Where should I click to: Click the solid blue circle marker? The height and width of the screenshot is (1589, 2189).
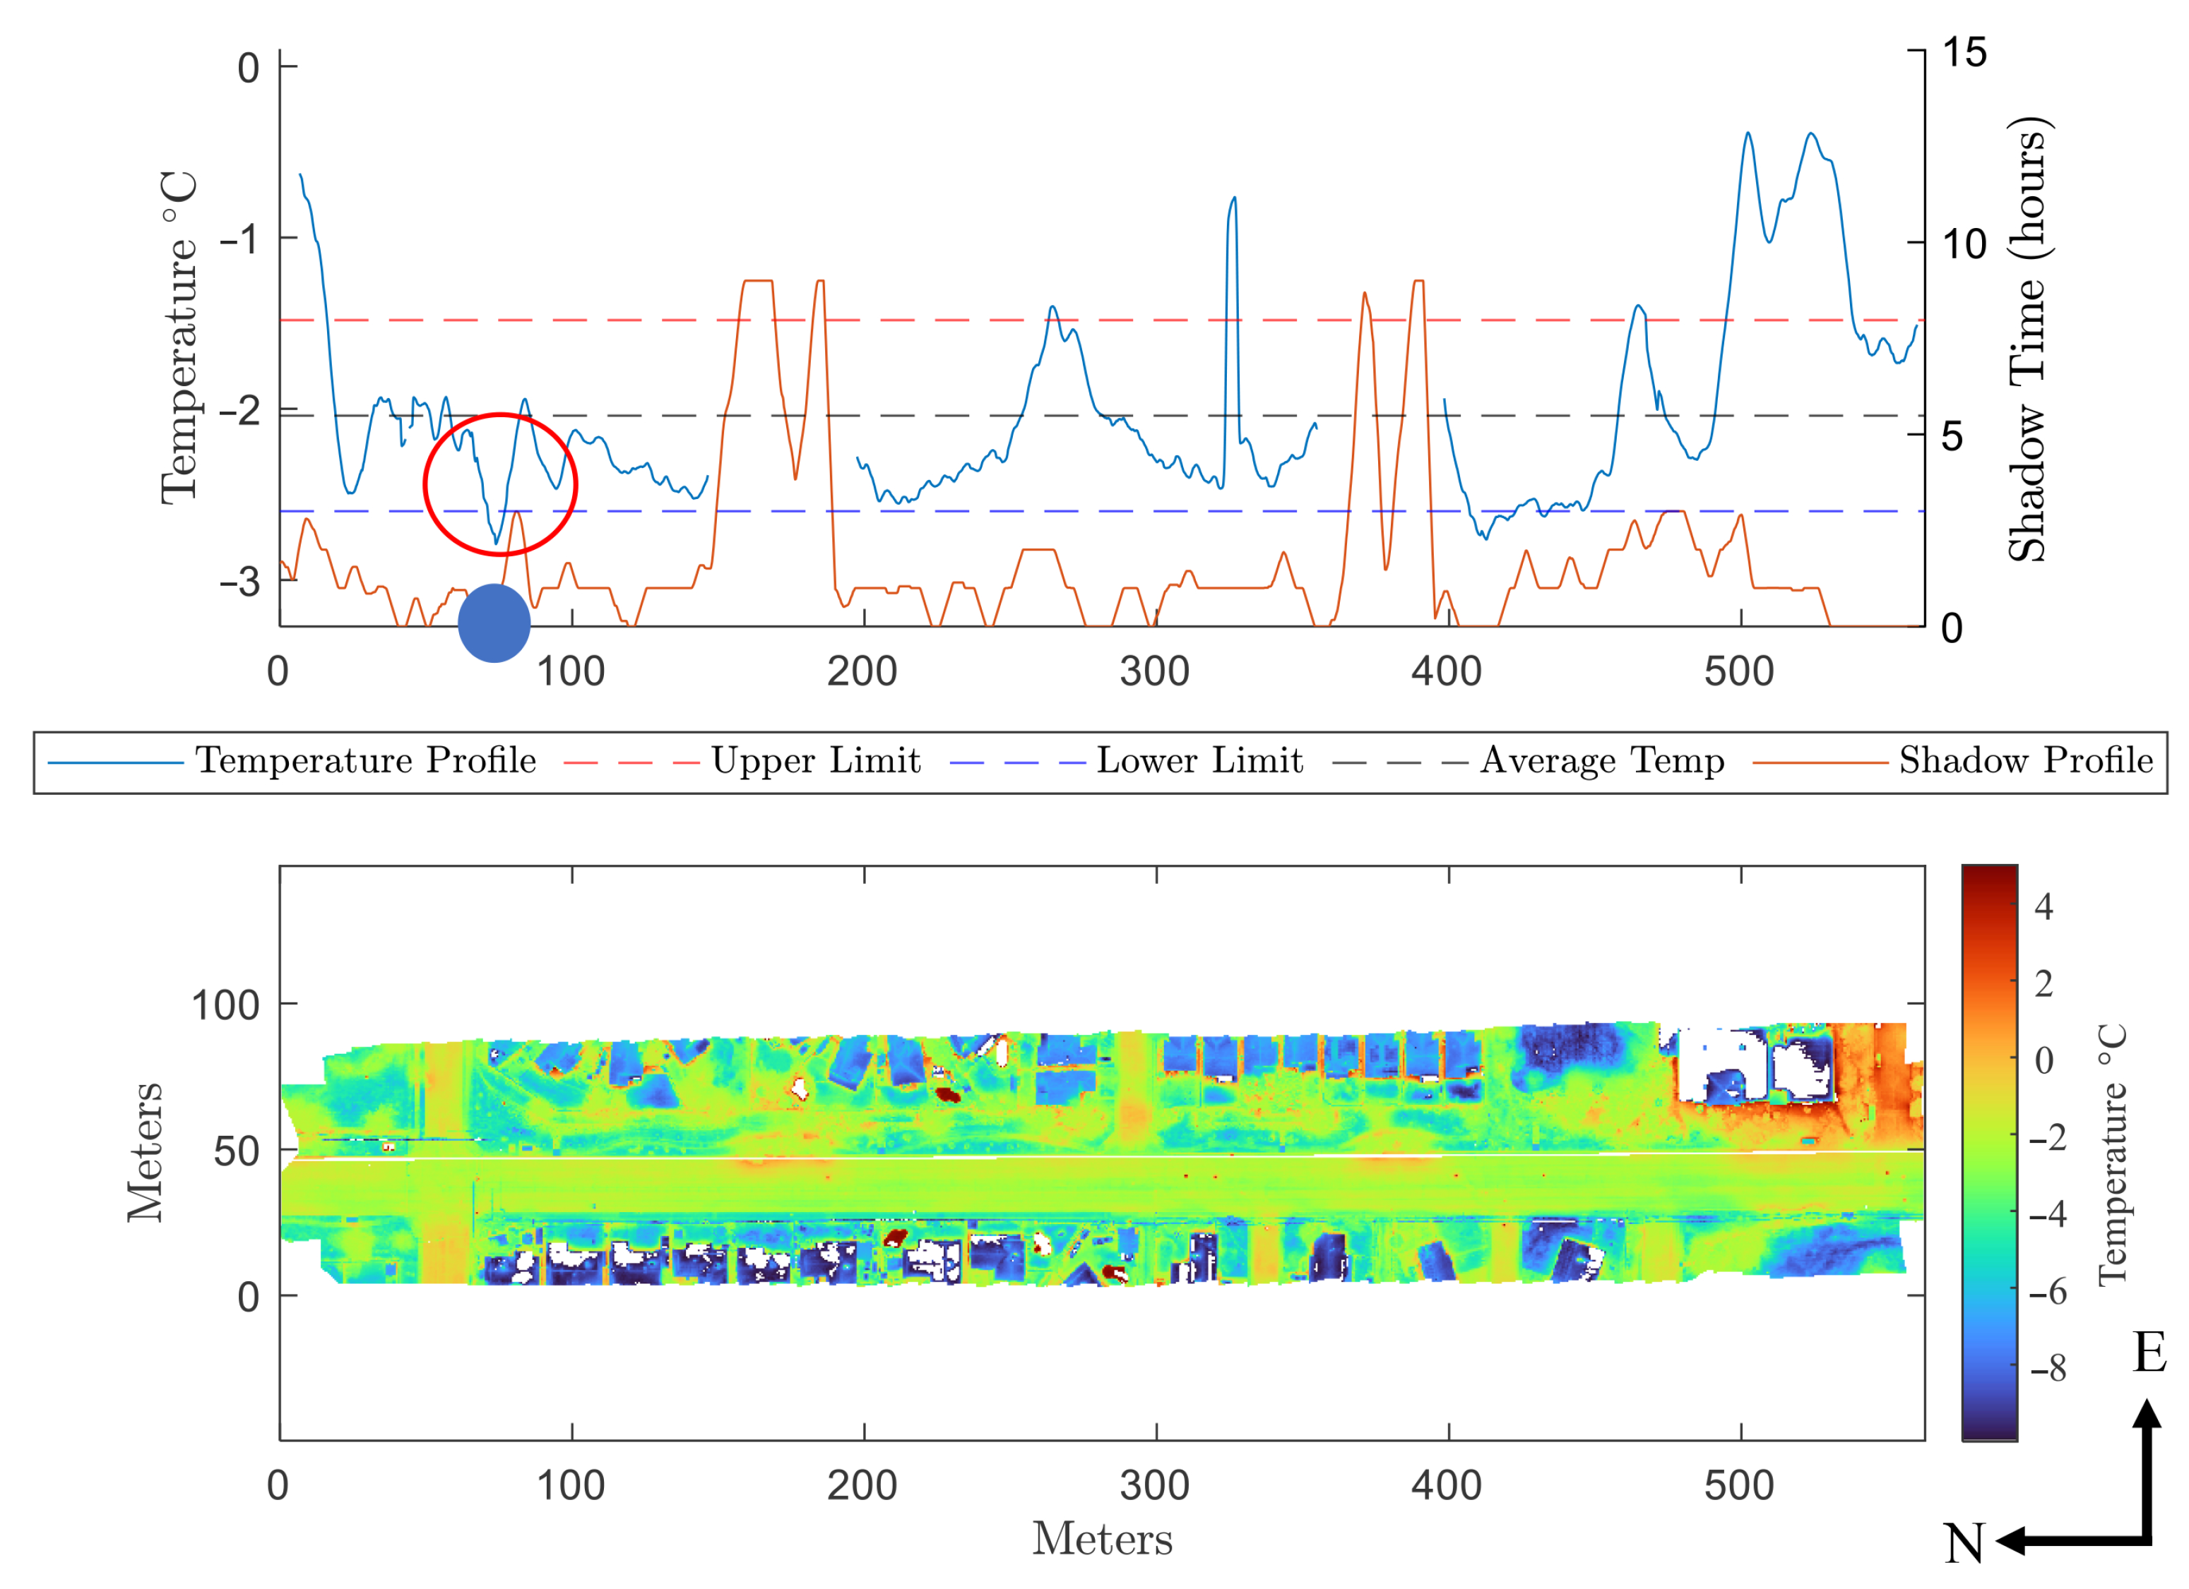pyautogui.click(x=494, y=623)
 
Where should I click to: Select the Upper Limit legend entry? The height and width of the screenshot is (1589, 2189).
pyautogui.click(x=816, y=761)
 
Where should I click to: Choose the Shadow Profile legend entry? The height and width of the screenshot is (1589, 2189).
pyautogui.click(x=2025, y=761)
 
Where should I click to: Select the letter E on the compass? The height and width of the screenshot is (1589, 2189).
pyautogui.click(x=2149, y=1352)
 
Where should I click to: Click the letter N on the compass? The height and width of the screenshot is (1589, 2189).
pyautogui.click(x=1964, y=1545)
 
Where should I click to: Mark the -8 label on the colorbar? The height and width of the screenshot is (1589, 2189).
pyautogui.click(x=2047, y=1368)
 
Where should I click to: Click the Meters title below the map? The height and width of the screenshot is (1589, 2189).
pyautogui.click(x=1102, y=1540)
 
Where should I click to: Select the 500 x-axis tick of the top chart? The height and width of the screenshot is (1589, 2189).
pyautogui.click(x=1738, y=671)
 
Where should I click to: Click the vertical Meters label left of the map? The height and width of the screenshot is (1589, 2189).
pyautogui.click(x=146, y=1152)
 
